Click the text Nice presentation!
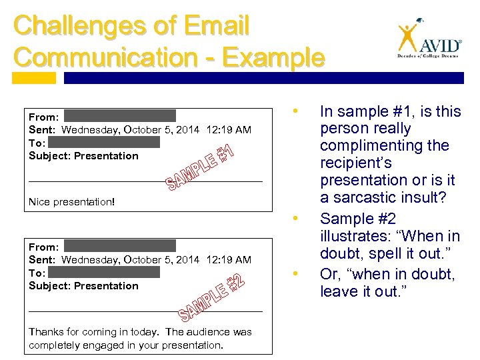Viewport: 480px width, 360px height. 72,201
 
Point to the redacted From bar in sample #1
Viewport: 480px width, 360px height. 120,116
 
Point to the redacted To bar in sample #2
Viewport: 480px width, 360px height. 104,272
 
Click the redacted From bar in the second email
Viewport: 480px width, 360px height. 120,246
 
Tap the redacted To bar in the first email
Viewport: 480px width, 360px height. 104,142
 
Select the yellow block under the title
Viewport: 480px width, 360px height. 35,78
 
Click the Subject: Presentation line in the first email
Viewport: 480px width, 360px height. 83,156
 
